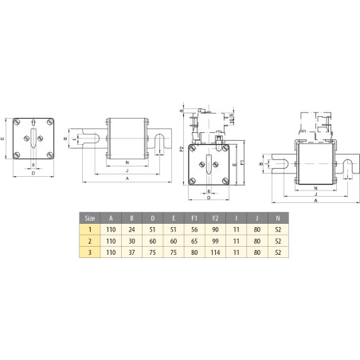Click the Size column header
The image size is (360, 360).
(90, 217)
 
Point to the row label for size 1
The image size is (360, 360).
(90, 228)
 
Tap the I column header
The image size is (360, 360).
(235, 217)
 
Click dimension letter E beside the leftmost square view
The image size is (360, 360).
(5, 137)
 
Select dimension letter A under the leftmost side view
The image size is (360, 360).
(128, 179)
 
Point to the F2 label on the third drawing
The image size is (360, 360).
(182, 148)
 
